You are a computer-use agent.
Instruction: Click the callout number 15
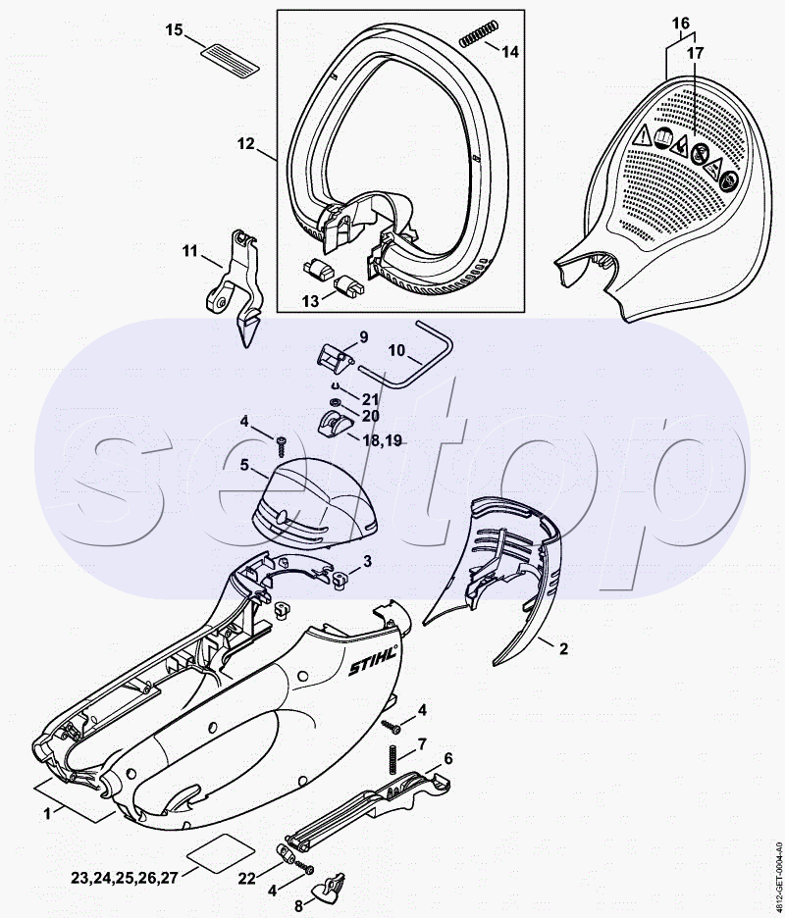(174, 30)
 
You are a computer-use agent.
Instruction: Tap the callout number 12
(246, 143)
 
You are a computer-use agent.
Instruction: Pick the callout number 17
(695, 52)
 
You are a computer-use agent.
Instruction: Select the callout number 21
(369, 399)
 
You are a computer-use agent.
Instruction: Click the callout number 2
(563, 647)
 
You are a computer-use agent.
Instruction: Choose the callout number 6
(447, 758)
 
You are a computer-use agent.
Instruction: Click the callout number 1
(47, 811)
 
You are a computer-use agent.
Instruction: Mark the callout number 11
(189, 251)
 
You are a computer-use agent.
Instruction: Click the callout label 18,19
(382, 442)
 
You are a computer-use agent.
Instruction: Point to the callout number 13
(310, 302)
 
